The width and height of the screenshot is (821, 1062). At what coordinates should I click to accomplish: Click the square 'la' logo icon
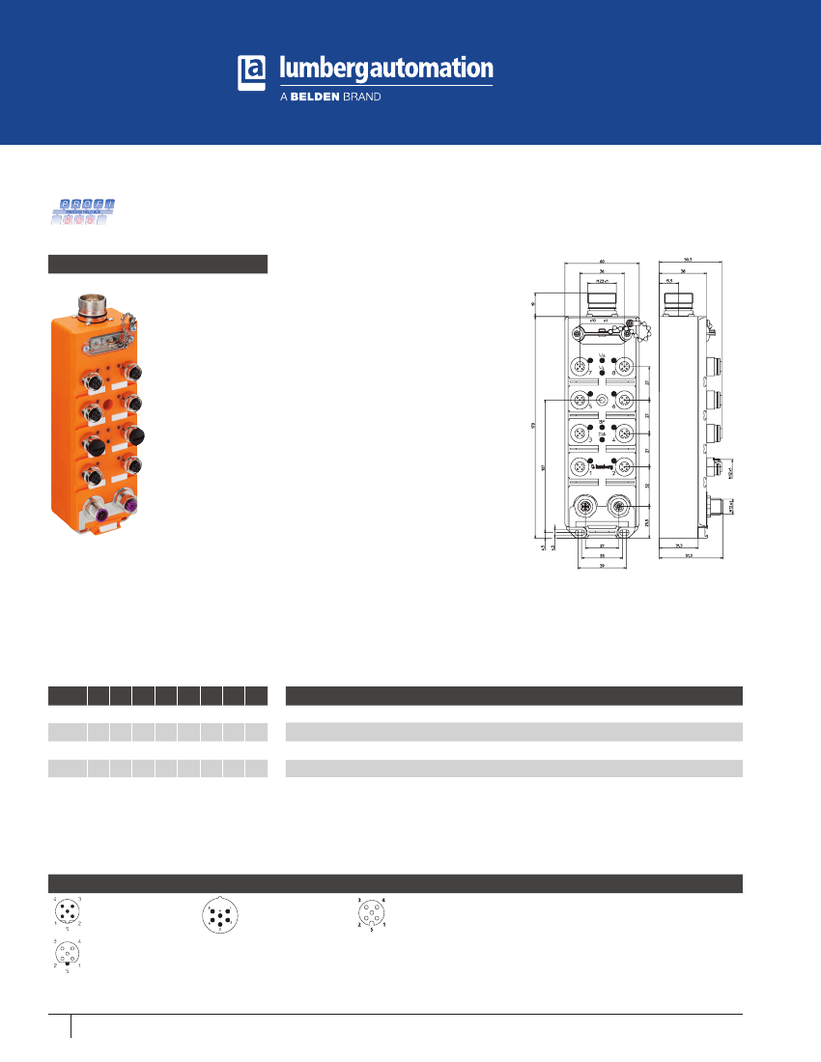pyautogui.click(x=251, y=73)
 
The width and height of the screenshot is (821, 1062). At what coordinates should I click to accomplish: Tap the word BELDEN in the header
pyautogui.click(x=314, y=98)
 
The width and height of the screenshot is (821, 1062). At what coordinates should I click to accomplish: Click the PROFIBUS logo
pyautogui.click(x=85, y=211)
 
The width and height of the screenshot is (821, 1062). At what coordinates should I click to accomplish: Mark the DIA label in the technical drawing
pyautogui.click(x=602, y=435)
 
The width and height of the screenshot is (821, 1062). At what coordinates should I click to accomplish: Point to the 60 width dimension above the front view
pyautogui.click(x=602, y=261)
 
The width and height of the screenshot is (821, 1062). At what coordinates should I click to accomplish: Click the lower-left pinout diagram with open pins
pyautogui.click(x=67, y=954)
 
